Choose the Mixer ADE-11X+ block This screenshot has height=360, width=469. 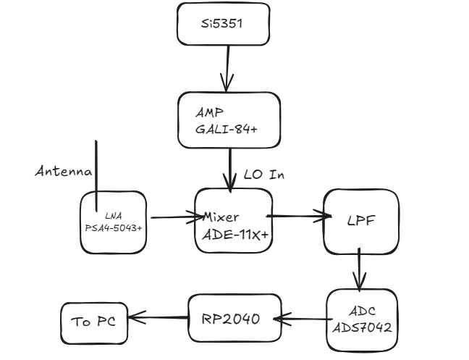pos(233,220)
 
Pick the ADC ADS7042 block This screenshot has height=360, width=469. pos(363,320)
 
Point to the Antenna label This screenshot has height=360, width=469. pos(64,172)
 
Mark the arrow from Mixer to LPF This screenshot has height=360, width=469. pos(297,215)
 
